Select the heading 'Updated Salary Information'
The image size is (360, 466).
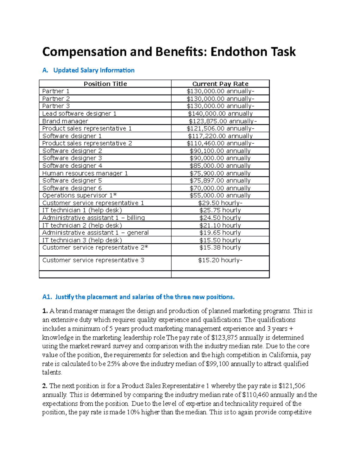[94, 70]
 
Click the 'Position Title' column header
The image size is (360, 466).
[105, 84]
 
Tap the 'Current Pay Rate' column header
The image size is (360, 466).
[220, 84]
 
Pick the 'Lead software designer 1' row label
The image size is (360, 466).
[79, 113]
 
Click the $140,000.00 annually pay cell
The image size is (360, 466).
[220, 113]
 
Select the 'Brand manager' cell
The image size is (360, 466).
[65, 121]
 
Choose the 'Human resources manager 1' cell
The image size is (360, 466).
[85, 173]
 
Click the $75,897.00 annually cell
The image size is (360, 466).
[220, 180]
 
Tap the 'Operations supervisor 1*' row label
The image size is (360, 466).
[79, 195]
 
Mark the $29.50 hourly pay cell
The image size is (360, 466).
[220, 203]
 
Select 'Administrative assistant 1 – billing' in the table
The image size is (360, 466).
[93, 218]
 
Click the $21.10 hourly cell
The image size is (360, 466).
[220, 225]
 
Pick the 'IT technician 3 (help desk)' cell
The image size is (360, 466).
[82, 240]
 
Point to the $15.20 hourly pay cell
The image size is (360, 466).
[220, 260]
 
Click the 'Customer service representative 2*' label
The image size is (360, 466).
[95, 248]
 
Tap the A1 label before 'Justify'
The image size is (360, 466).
[47, 297]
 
